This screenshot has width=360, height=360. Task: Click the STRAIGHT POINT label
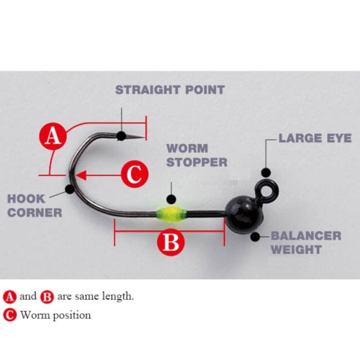[170, 90]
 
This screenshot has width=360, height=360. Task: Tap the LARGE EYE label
[315, 138]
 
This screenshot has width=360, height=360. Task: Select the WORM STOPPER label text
[197, 155]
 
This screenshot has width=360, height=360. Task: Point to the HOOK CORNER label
[35, 205]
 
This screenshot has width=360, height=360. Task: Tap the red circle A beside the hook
[53, 136]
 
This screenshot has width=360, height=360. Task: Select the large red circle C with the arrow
[135, 175]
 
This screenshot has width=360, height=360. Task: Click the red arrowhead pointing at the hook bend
[81, 175]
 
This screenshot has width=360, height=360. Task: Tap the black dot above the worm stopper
[172, 199]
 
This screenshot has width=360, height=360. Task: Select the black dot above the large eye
[266, 172]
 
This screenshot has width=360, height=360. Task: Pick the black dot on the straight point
[121, 136]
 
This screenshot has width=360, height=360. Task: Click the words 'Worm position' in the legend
[55, 315]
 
